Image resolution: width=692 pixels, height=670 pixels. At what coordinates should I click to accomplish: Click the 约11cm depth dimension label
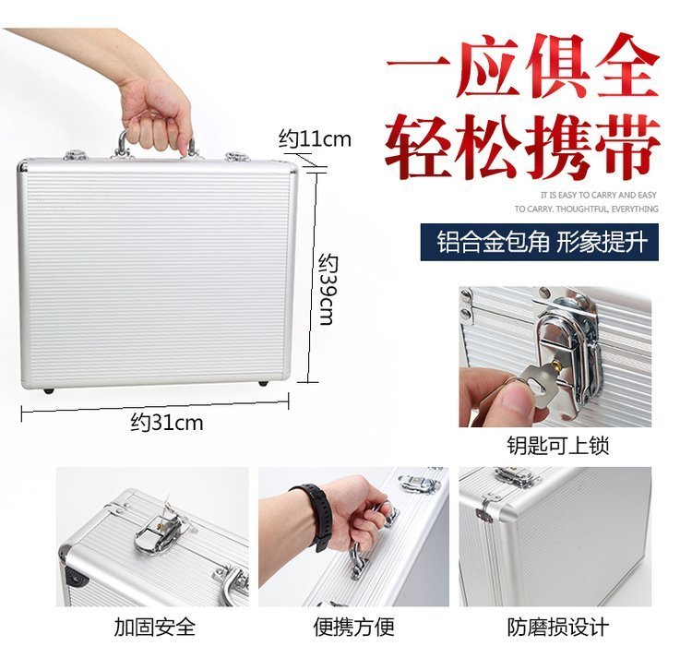tap(316, 139)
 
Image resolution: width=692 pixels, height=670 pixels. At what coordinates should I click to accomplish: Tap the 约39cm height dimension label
tap(328, 289)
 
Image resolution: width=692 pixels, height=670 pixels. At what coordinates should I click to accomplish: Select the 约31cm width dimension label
tap(167, 423)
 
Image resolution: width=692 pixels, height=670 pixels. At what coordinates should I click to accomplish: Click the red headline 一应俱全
tap(523, 66)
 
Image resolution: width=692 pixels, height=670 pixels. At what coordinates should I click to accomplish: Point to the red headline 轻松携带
tap(523, 146)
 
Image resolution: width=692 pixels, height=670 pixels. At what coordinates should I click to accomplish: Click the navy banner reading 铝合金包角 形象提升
tap(540, 242)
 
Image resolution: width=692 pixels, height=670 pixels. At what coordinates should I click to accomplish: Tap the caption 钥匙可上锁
tap(558, 446)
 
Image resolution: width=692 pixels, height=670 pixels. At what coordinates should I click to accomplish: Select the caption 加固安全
tap(154, 627)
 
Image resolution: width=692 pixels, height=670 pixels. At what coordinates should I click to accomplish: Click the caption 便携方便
tap(354, 627)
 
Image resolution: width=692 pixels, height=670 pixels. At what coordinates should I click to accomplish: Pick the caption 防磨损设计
tap(558, 628)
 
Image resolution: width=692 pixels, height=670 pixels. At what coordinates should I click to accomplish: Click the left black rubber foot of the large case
tap(49, 390)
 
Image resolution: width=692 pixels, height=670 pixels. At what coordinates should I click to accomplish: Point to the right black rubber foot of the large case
tap(264, 384)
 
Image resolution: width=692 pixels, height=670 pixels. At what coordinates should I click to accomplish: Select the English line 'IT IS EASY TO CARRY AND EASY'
tap(599, 195)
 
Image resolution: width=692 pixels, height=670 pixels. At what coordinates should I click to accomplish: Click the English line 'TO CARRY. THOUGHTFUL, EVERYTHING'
tap(586, 209)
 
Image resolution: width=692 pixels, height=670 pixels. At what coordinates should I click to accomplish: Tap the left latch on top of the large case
tap(76, 155)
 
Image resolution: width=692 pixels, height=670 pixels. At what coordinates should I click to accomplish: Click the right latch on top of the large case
tap(238, 156)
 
